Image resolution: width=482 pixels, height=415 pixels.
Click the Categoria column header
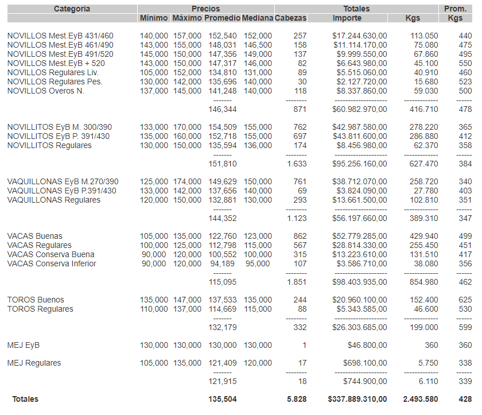(x=72, y=9)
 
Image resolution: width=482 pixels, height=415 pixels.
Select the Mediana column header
(x=257, y=18)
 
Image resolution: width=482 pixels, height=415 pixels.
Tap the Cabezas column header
(x=290, y=18)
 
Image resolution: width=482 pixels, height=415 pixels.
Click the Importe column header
(x=347, y=18)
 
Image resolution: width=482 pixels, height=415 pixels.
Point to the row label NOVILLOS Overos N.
(x=46, y=91)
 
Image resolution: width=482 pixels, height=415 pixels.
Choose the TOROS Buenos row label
(x=36, y=300)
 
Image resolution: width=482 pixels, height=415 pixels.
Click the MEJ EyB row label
(x=24, y=345)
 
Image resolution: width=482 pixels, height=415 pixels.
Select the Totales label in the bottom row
(x=26, y=399)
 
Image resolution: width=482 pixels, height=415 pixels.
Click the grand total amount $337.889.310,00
(x=357, y=399)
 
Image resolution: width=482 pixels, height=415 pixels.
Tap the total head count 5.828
(x=296, y=399)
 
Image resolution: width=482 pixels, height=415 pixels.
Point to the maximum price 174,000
(x=187, y=181)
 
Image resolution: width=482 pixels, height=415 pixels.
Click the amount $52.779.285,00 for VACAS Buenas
(x=359, y=236)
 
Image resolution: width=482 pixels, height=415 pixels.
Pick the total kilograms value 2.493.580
(x=421, y=399)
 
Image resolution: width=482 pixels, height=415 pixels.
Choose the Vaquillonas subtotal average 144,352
(x=223, y=218)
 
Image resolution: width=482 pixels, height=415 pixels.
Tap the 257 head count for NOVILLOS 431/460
(x=300, y=36)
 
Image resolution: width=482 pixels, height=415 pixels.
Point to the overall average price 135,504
(x=223, y=399)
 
